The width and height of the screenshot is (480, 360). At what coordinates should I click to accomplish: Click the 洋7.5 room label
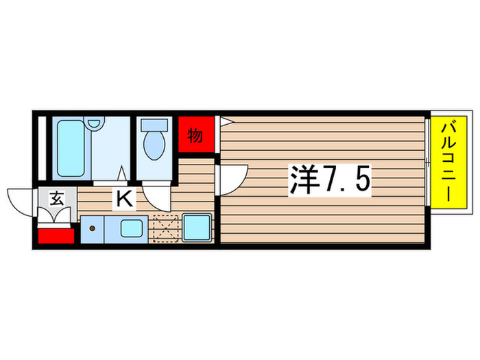pyautogui.click(x=330, y=180)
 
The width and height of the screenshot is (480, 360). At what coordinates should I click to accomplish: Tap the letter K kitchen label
pyautogui.click(x=124, y=199)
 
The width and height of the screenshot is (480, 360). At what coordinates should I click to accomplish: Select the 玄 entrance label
pyautogui.click(x=57, y=198)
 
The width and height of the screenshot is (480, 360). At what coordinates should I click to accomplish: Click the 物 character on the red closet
pyautogui.click(x=195, y=135)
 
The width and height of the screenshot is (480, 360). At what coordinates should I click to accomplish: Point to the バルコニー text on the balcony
pyautogui.click(x=449, y=163)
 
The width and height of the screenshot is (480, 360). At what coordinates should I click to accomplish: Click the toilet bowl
pyautogui.click(x=154, y=145)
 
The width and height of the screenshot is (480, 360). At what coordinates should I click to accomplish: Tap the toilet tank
pyautogui.click(x=154, y=125)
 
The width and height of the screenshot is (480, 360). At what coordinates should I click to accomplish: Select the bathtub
pyautogui.click(x=71, y=148)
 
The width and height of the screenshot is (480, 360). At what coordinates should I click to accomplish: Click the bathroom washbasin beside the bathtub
pyautogui.click(x=94, y=123)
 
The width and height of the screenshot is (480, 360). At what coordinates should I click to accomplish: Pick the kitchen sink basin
pyautogui.click(x=132, y=228)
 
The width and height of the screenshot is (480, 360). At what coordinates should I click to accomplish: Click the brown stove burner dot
pyautogui.click(x=92, y=228)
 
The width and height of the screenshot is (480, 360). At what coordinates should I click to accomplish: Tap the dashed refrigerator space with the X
pyautogui.click(x=166, y=228)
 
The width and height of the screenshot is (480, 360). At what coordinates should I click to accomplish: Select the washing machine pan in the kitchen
pyautogui.click(x=197, y=228)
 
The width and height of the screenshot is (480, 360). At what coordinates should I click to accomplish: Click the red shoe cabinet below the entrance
pyautogui.click(x=56, y=236)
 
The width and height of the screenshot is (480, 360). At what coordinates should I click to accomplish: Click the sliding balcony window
pyautogui.click(x=427, y=162)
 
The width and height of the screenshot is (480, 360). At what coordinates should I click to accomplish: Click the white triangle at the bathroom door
pyautogui.click(x=123, y=173)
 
